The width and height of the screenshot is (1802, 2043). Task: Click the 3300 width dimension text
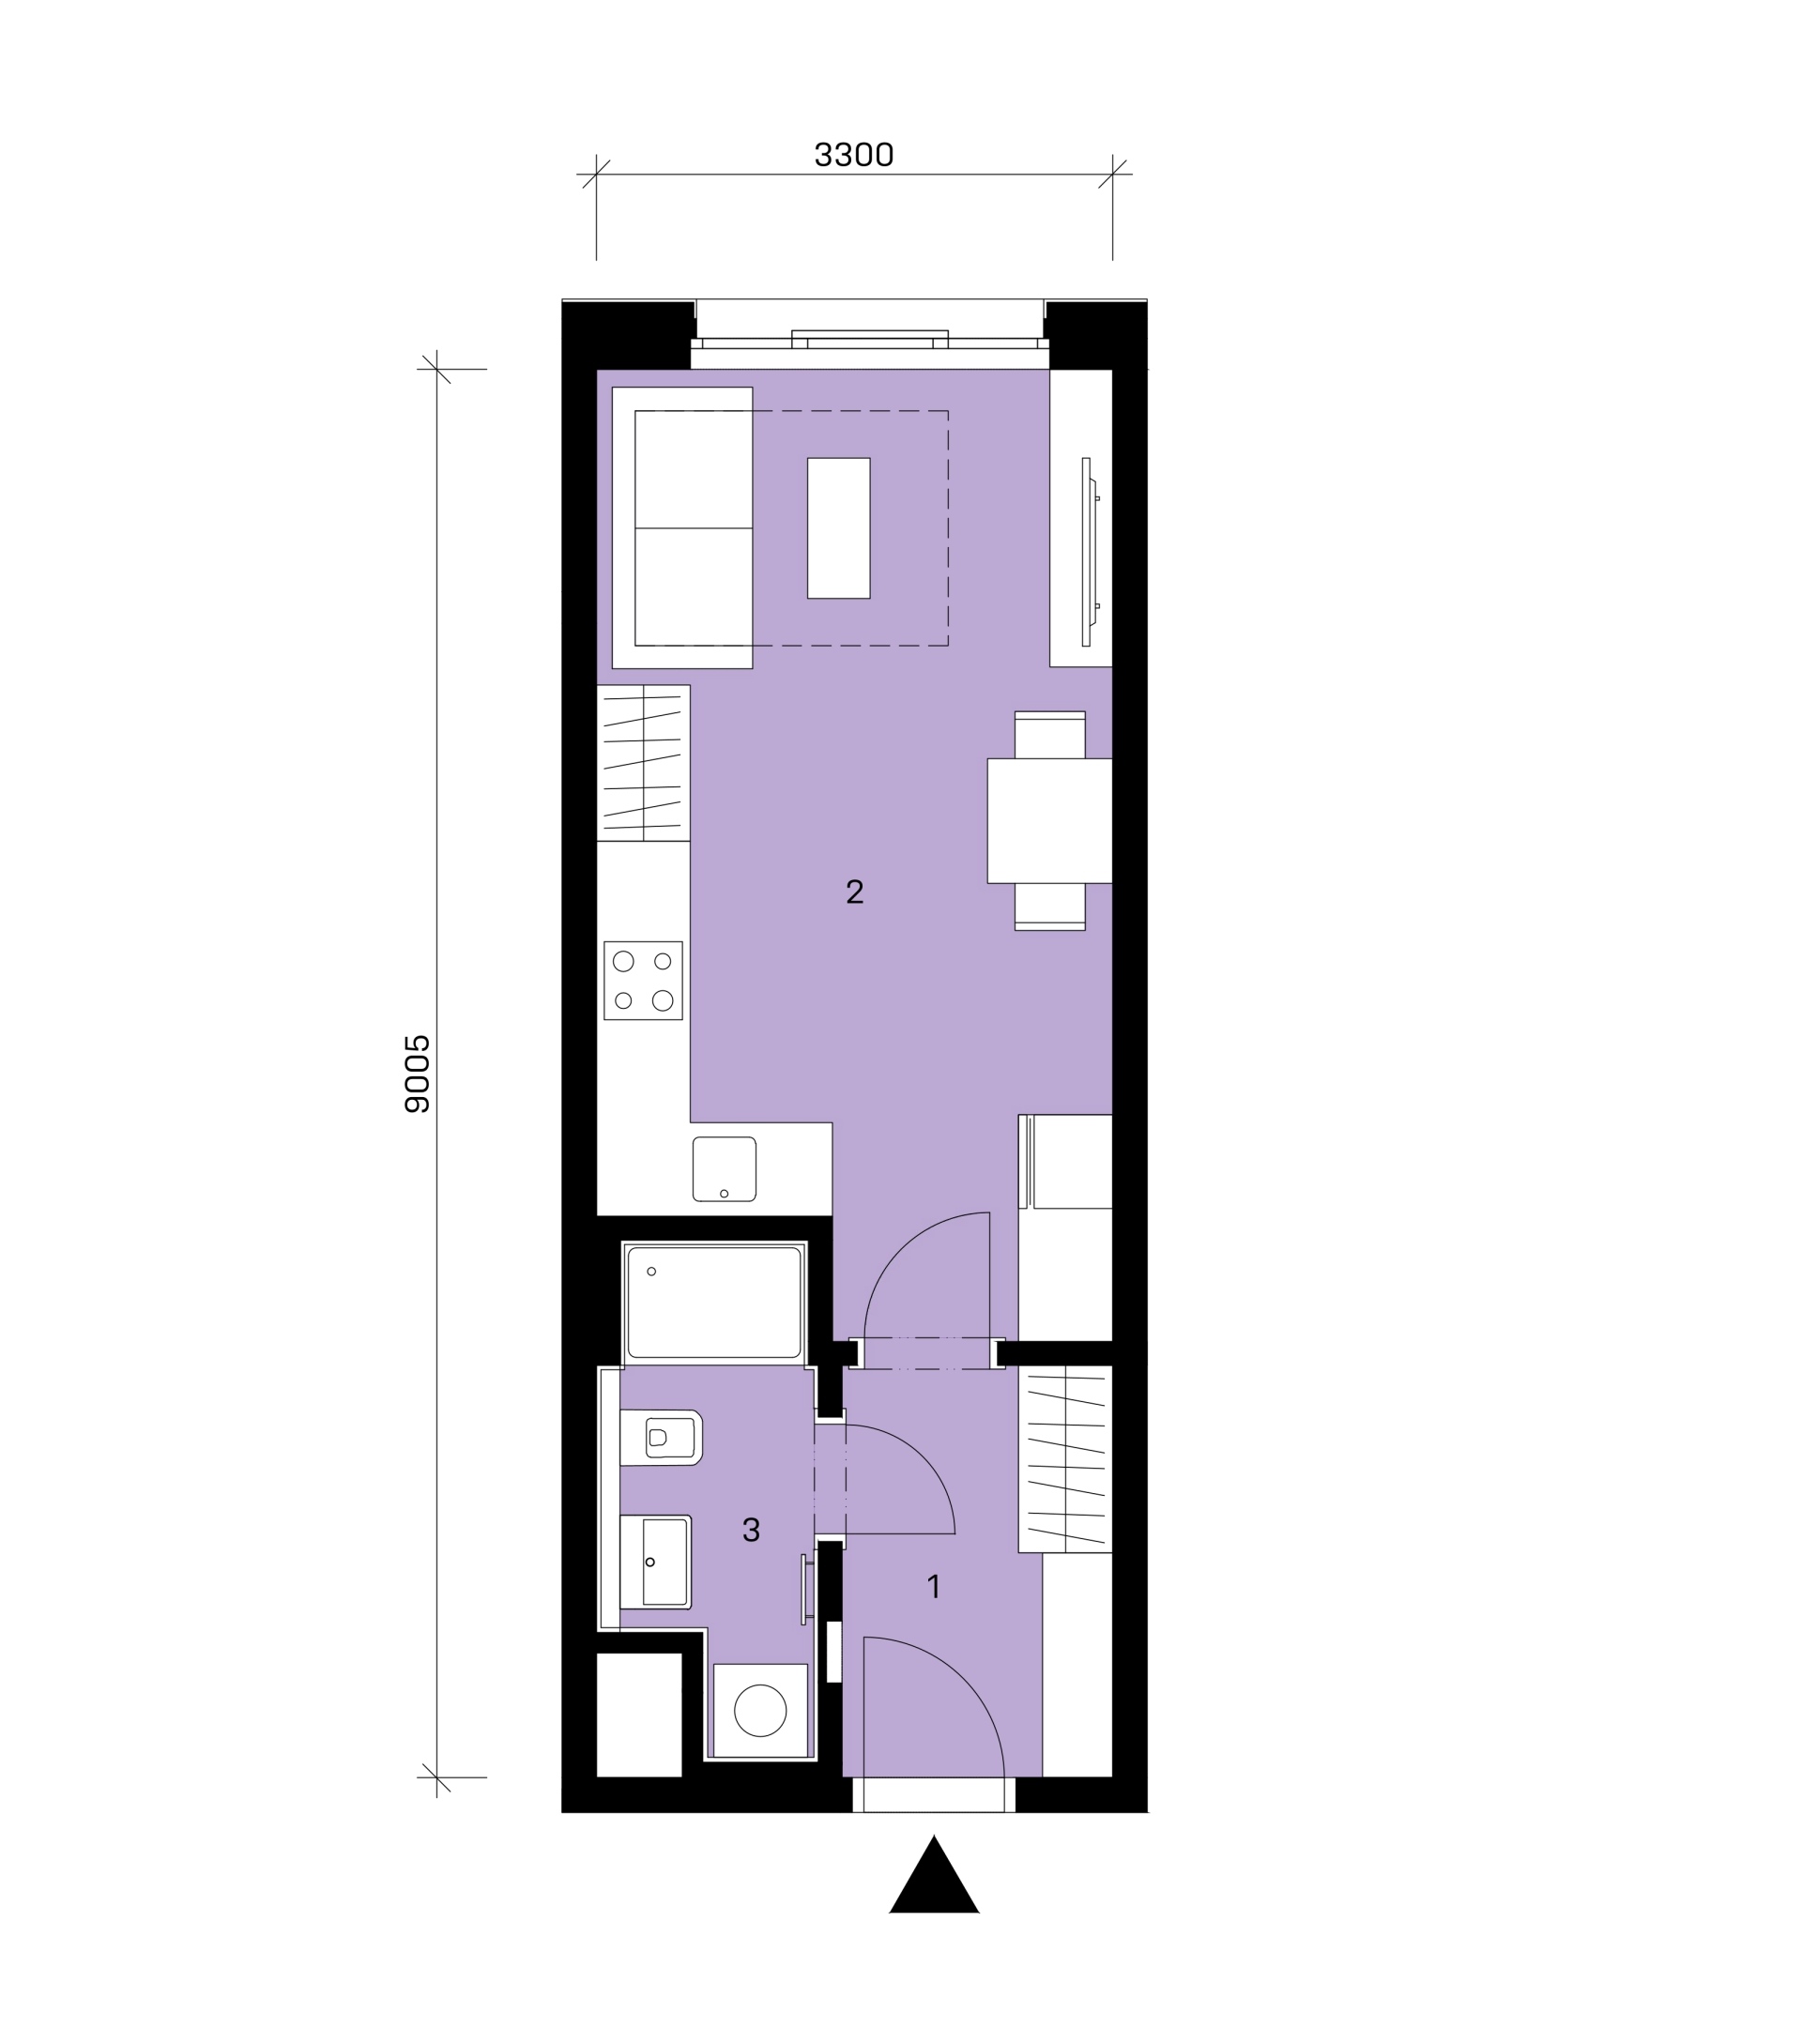pos(853,155)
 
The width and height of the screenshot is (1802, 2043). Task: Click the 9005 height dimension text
pos(418,1074)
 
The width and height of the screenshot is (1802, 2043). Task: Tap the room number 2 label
pos(854,892)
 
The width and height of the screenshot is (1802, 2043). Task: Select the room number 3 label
pos(752,1530)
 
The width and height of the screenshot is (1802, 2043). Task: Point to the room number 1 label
pos(935,1586)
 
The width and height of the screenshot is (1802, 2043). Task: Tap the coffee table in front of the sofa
pos(838,527)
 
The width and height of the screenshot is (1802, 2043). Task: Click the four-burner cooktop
pos(643,981)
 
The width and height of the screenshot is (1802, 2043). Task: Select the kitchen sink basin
pos(724,1168)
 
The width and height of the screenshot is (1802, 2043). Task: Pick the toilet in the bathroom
pos(661,1438)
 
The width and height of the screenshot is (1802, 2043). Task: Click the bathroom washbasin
pos(656,1562)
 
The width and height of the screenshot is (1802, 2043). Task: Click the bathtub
pos(713,1303)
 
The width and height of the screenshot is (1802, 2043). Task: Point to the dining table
pos(1049,820)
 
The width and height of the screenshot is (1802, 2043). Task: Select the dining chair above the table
pos(1049,735)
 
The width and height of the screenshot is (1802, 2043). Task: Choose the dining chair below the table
pos(1049,907)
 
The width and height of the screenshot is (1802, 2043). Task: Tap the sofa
pos(681,527)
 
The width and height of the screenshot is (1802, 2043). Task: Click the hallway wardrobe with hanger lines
pos(1065,1459)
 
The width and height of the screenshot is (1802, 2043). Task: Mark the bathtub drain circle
pos(651,1272)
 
